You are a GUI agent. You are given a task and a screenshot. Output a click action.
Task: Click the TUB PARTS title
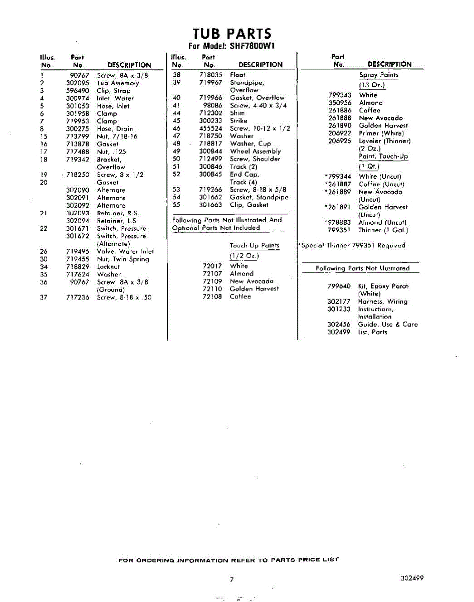[232, 34]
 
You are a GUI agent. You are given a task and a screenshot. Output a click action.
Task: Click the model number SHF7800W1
[253, 46]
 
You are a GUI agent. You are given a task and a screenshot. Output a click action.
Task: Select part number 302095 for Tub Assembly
[77, 83]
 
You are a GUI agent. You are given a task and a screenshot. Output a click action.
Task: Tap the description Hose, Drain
[115, 129]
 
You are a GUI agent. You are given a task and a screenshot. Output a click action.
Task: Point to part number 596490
[77, 91]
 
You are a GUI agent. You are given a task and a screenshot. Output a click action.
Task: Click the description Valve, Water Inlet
[125, 251]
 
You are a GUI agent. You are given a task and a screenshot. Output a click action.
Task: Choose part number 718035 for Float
[210, 75]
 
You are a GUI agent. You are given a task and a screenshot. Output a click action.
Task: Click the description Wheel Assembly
[255, 151]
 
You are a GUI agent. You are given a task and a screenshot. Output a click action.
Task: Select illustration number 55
[176, 205]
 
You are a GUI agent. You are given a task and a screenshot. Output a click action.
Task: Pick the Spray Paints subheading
[378, 75]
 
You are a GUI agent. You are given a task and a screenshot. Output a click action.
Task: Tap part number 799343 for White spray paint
[340, 95]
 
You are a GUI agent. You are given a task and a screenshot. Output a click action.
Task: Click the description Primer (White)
[381, 133]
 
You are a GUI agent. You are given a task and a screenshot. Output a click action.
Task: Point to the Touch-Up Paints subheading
[254, 246]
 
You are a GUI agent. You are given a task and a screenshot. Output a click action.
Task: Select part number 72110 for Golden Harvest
[212, 289]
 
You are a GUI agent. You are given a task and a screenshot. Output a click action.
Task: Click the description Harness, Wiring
[382, 302]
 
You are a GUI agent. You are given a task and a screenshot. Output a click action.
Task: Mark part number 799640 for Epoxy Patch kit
[339, 286]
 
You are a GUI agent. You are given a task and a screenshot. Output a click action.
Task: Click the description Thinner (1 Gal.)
[383, 230]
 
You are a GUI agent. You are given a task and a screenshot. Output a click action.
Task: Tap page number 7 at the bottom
[231, 579]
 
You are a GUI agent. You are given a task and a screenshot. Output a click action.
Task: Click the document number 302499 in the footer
[412, 578]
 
